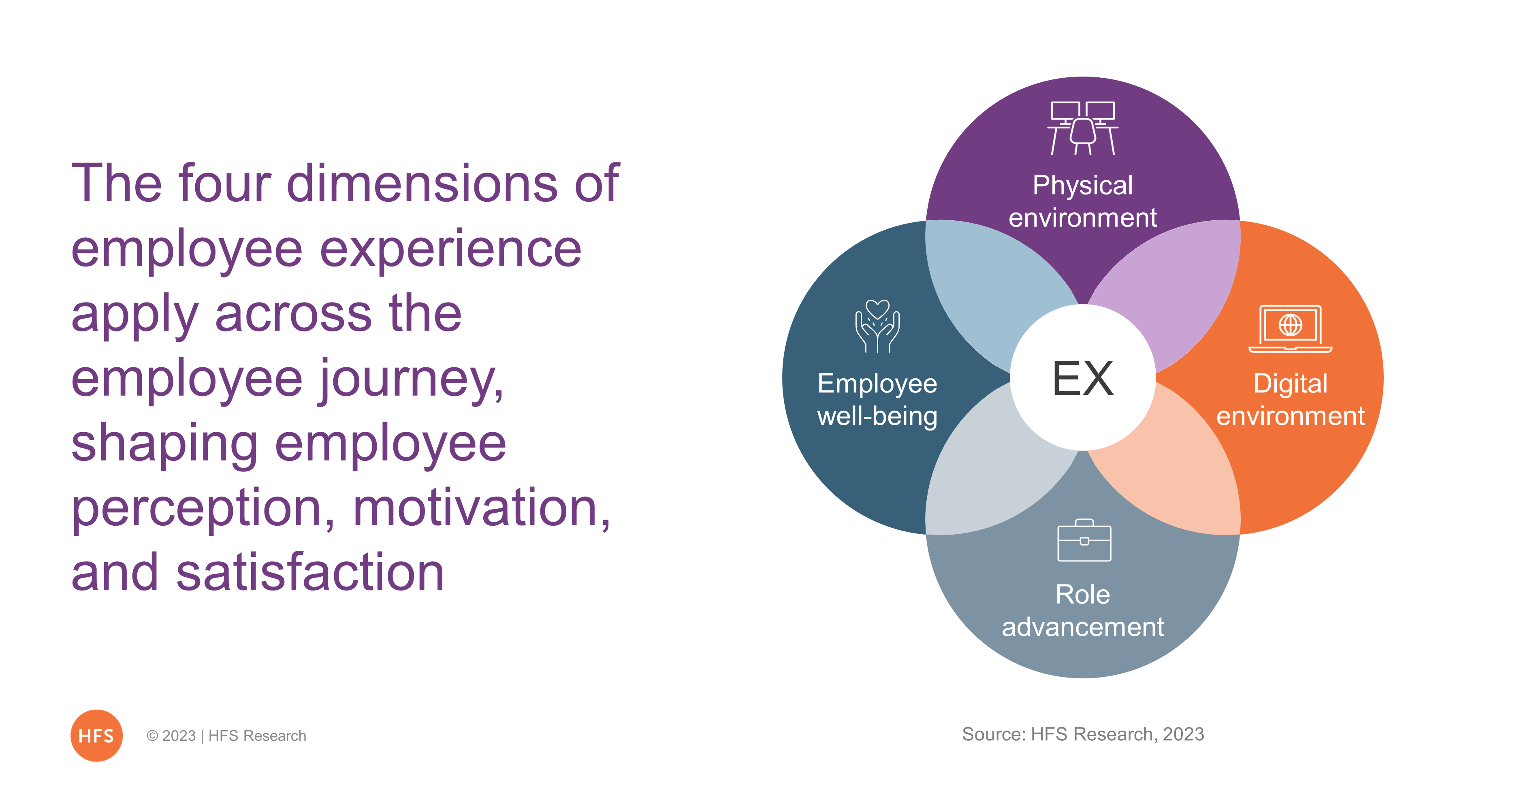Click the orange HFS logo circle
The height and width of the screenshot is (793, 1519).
point(96,735)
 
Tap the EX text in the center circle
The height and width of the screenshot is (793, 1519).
point(1083,378)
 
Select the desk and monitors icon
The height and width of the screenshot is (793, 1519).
point(1083,128)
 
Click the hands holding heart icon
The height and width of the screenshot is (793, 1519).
point(877,326)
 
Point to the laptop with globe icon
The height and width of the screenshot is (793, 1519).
point(1290,328)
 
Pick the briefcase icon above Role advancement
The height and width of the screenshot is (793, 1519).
point(1084,540)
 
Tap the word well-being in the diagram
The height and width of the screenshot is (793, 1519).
point(877,417)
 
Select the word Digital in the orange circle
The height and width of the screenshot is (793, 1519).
point(1290,384)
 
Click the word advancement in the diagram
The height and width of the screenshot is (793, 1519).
point(1083,627)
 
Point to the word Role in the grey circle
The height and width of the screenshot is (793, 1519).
point(1083,594)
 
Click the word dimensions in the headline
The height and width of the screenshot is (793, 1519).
point(422,183)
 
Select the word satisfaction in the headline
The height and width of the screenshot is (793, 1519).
point(310,573)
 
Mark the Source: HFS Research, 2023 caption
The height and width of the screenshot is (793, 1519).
point(1083,734)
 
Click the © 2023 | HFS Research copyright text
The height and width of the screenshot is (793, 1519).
point(226,736)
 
